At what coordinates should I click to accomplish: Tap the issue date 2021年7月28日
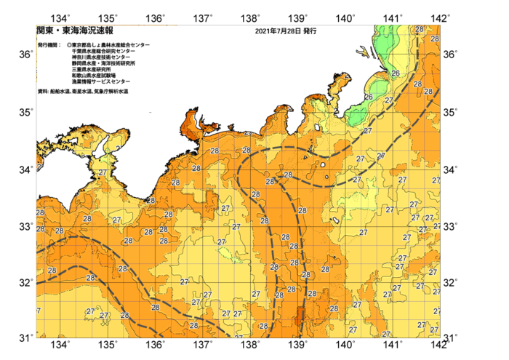[278, 31]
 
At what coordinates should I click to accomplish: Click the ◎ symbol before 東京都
[68, 45]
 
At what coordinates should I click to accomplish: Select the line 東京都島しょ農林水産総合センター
[111, 45]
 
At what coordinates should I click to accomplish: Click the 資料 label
[42, 92]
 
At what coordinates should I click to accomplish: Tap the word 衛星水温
[86, 92]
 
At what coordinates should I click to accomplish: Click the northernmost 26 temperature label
[396, 73]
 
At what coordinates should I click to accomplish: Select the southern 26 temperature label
[369, 97]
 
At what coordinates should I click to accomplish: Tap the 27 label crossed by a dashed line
[380, 156]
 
